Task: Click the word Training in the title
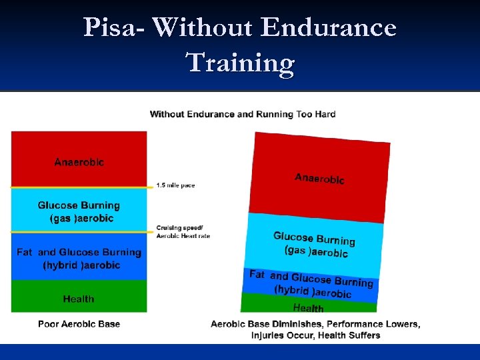[240, 63]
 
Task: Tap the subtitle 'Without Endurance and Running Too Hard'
[243, 114]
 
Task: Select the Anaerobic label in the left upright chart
[79, 162]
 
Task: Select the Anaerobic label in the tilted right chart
[319, 178]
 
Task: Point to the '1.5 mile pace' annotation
[175, 185]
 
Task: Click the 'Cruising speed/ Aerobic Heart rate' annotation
[183, 232]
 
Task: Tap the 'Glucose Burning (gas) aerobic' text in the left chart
[79, 212]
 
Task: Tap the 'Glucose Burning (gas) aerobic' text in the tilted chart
[315, 244]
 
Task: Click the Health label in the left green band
[79, 299]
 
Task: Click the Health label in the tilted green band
[308, 308]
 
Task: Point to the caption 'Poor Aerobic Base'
[79, 324]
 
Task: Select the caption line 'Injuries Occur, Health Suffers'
[315, 335]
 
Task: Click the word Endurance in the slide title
[329, 28]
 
